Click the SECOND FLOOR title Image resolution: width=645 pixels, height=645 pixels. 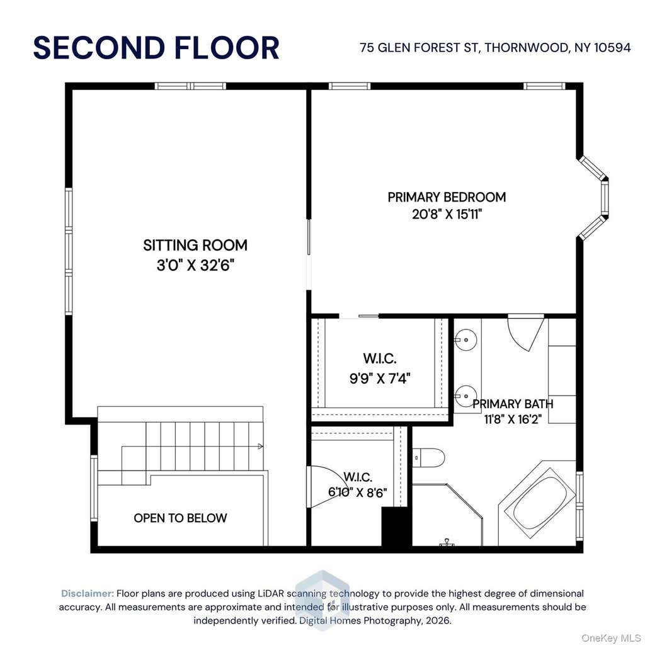tap(156, 48)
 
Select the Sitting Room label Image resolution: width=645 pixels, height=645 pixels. tap(195, 246)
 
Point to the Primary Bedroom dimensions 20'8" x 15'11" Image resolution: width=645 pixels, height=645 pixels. tap(447, 214)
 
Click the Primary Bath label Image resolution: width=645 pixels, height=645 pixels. tap(513, 404)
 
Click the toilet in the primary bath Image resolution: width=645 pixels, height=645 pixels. tap(428, 458)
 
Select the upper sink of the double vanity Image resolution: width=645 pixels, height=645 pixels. tap(467, 340)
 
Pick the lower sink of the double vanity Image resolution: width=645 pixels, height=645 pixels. tap(467, 396)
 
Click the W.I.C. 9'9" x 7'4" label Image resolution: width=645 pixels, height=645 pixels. tap(380, 368)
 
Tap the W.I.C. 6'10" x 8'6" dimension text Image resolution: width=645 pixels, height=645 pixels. tap(358, 493)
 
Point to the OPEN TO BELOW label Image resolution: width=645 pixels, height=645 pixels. tap(180, 518)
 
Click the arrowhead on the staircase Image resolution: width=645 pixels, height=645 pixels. tap(260, 447)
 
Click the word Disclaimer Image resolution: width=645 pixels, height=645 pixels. tap(87, 593)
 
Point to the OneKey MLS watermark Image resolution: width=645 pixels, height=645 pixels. tap(610, 638)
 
